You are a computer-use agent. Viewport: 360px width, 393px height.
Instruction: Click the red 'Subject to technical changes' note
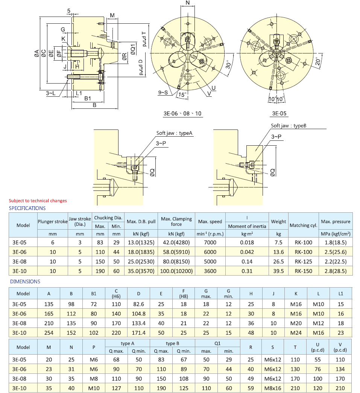click(38, 201)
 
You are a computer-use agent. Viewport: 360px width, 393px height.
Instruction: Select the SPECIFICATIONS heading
click(27, 208)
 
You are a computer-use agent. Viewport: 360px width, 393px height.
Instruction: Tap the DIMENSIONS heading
click(25, 281)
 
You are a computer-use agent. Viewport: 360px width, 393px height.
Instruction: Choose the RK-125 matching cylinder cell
click(303, 261)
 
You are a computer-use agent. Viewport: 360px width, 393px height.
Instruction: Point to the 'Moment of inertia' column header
click(247, 226)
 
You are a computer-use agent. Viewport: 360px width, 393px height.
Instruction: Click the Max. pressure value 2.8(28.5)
click(336, 271)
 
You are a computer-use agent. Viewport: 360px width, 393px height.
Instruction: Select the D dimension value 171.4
click(138, 333)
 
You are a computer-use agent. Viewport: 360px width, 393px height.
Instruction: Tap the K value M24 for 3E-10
click(296, 333)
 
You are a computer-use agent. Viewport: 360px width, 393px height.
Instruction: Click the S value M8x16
click(273, 388)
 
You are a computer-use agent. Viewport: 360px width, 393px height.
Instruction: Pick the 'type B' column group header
click(172, 343)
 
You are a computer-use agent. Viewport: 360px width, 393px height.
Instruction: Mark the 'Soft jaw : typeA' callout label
click(175, 133)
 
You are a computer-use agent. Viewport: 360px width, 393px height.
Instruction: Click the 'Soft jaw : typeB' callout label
click(289, 126)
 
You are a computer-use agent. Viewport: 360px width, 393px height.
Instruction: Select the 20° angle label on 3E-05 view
click(318, 61)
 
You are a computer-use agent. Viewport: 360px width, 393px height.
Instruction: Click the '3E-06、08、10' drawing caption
click(182, 113)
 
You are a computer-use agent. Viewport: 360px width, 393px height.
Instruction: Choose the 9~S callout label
click(163, 92)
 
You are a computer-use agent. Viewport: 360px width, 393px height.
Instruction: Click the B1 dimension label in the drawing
click(88, 98)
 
